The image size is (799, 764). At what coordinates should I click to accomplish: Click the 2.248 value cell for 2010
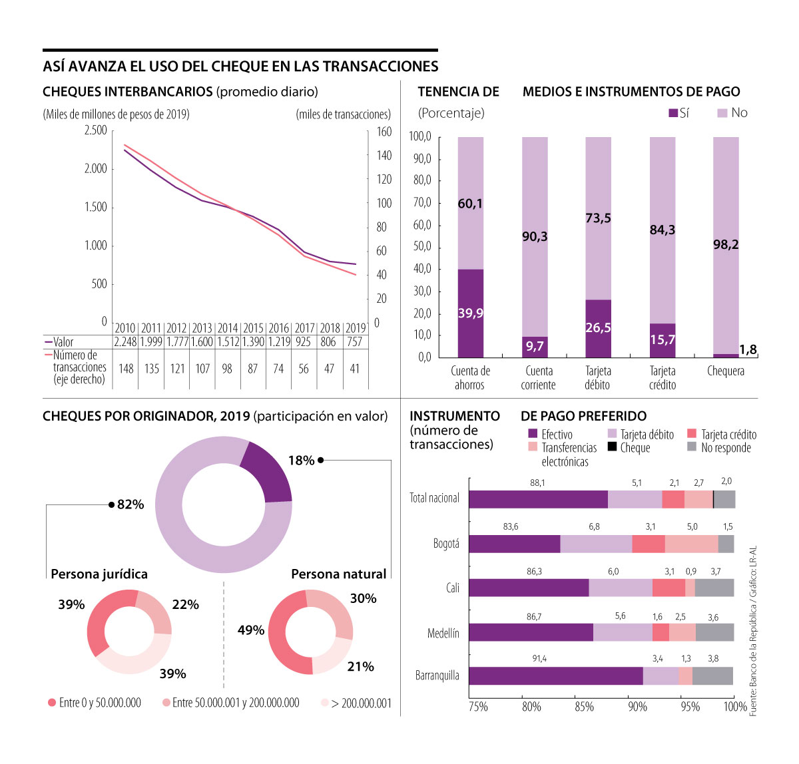125,342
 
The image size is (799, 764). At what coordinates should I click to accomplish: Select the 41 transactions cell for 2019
355,369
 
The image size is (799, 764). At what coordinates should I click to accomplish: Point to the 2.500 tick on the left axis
95,130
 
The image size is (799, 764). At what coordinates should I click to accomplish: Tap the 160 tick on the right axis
384,132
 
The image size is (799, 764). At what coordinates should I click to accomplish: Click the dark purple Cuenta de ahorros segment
471,313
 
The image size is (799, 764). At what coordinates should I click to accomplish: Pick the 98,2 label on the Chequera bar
726,245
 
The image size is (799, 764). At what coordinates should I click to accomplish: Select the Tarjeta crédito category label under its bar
663,378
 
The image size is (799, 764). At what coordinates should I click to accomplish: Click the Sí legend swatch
673,113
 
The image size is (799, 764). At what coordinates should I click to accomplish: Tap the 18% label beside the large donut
301,461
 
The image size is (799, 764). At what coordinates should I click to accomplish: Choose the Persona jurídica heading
99,574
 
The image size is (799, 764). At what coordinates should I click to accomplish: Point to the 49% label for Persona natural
251,630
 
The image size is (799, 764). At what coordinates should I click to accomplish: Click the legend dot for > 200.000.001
324,703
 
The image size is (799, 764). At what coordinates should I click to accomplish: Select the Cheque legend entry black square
612,447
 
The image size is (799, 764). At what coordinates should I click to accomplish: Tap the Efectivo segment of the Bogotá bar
514,544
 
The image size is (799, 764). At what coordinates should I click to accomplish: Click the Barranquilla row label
437,675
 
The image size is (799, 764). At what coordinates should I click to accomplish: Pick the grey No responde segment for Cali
714,588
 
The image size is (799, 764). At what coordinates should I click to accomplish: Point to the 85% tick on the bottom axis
584,707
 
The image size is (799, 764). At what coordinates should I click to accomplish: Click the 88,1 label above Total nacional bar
537,482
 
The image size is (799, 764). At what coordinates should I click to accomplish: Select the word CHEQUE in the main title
238,67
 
